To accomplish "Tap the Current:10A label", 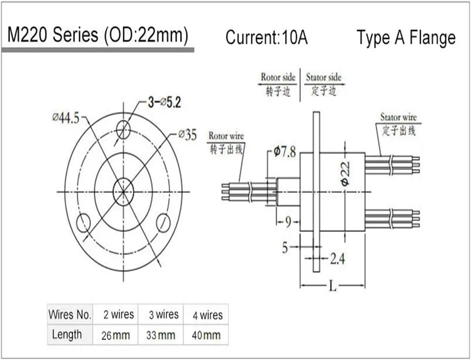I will pyautogui.click(x=266, y=37).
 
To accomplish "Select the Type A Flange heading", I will pyautogui.click(x=406, y=38).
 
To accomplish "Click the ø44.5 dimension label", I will pyautogui.click(x=66, y=118).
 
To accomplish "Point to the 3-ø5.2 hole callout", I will pyautogui.click(x=164, y=102).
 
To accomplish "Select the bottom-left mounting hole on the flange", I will pyautogui.click(x=83, y=223).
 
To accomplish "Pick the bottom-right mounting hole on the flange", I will pyautogui.click(x=163, y=223).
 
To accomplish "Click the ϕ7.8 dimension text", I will pyautogui.click(x=284, y=152).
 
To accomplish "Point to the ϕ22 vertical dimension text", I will pyautogui.click(x=345, y=173).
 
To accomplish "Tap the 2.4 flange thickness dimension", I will pyautogui.click(x=337, y=259).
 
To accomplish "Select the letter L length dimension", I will pyautogui.click(x=332, y=286).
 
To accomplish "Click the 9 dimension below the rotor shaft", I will pyautogui.click(x=288, y=222).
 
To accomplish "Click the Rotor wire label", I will pyautogui.click(x=226, y=136).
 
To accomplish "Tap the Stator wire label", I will pyautogui.click(x=398, y=118).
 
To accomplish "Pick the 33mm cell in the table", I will pyautogui.click(x=160, y=335).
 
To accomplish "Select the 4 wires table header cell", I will pyautogui.click(x=207, y=315).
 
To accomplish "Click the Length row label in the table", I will pyautogui.click(x=67, y=335).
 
